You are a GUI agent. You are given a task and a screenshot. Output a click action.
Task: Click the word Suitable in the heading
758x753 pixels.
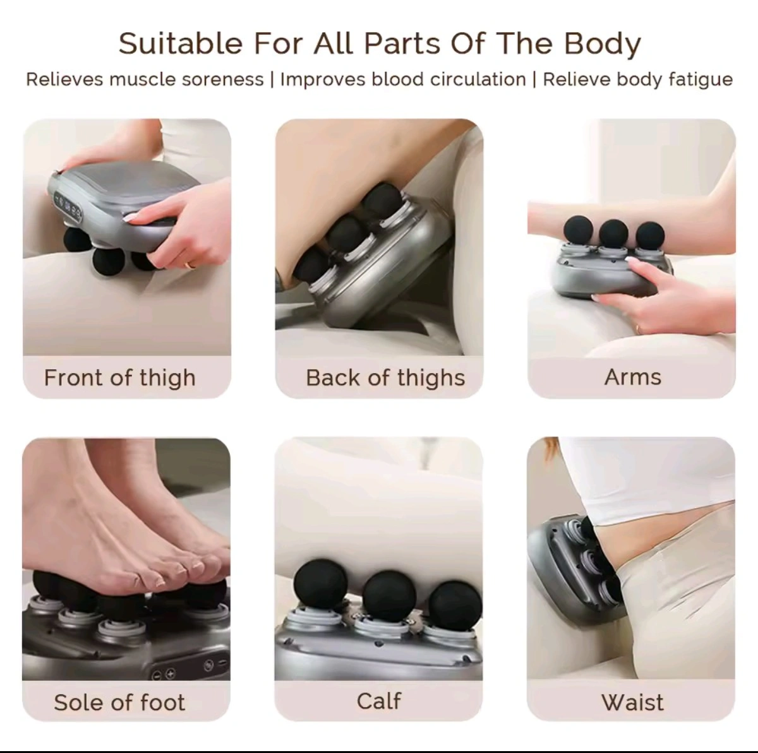pyautogui.click(x=180, y=44)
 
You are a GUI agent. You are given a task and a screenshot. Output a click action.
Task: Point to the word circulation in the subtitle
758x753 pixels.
pyautogui.click(x=478, y=80)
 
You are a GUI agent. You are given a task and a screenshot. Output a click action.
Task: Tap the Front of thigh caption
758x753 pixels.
pyautogui.click(x=120, y=378)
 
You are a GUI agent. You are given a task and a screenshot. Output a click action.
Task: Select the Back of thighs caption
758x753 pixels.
pyautogui.click(x=385, y=378)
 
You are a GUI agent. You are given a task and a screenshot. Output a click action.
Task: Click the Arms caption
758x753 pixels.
pyautogui.click(x=633, y=377)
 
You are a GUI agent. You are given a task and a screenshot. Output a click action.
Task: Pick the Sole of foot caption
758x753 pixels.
pyautogui.click(x=119, y=703)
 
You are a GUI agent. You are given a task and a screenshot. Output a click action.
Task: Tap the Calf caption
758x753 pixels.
pyautogui.click(x=379, y=701)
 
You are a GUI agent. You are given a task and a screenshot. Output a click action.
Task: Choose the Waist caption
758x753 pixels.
pyautogui.click(x=632, y=703)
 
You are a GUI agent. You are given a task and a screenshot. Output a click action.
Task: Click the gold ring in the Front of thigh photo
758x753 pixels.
pyautogui.click(x=190, y=265)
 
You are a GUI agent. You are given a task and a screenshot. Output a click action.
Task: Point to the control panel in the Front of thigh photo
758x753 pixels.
pyautogui.click(x=68, y=208)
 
